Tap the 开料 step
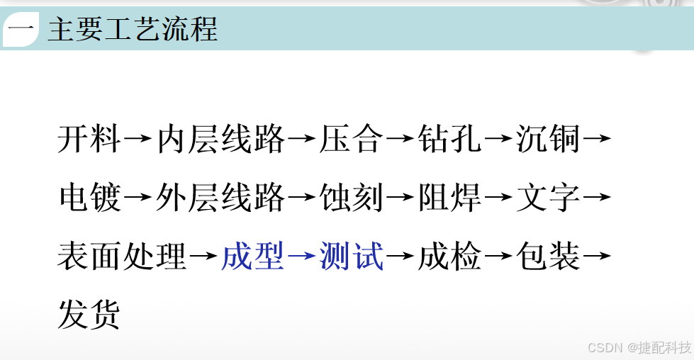(89, 139)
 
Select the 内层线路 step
(220, 139)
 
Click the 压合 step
(352, 139)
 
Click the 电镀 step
(89, 198)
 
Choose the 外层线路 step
(220, 198)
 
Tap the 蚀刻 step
(352, 198)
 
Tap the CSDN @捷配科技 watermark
(639, 348)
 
